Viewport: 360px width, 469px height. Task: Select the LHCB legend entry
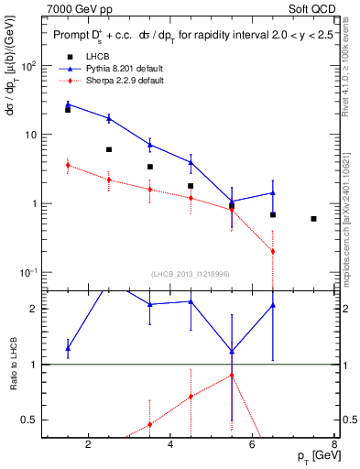point(97,57)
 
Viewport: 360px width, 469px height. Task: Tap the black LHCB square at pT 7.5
point(314,219)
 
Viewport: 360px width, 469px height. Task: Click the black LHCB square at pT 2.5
point(109,149)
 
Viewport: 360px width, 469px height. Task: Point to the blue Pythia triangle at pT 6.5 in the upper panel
point(273,193)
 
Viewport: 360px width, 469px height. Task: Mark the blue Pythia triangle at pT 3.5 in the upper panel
point(149,145)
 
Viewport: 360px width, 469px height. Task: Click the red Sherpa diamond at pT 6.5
point(273,251)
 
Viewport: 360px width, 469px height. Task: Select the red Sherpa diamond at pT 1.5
point(68,165)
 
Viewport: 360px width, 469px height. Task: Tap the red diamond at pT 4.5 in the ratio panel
point(191,397)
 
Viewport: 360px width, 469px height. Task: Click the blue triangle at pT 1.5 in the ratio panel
point(68,348)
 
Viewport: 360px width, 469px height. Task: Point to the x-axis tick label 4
point(170,445)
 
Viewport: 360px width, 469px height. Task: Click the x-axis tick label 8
point(334,445)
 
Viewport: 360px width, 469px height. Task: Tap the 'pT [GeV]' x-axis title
point(310,456)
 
